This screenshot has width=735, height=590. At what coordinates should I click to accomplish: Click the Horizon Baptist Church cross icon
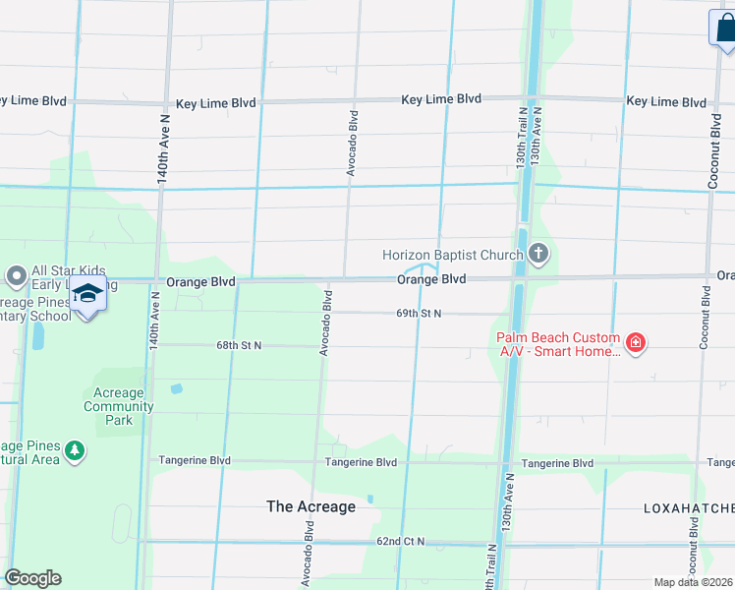(x=537, y=255)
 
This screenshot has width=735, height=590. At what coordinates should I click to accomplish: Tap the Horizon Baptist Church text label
(x=452, y=255)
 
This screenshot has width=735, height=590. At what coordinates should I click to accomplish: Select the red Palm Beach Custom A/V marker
(x=637, y=343)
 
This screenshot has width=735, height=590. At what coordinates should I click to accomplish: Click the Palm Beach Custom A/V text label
(x=556, y=343)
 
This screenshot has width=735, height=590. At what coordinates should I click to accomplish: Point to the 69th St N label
(x=419, y=314)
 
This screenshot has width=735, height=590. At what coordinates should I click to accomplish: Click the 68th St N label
(x=238, y=346)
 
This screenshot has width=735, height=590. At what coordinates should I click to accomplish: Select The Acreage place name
(x=311, y=506)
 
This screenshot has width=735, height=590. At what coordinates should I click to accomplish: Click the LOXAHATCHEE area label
(x=688, y=508)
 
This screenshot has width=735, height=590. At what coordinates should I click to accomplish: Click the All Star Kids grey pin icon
(x=16, y=274)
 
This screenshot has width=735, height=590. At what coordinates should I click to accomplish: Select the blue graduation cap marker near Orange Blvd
(x=88, y=294)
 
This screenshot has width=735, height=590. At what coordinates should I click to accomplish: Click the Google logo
(x=32, y=578)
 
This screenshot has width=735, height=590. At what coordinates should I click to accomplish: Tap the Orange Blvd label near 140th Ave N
(x=200, y=281)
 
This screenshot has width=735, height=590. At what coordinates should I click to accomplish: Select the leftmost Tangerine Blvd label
(x=195, y=460)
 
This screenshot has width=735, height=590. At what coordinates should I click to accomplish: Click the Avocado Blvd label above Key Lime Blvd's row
(x=351, y=143)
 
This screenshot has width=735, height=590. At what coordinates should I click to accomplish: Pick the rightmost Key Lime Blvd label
(x=666, y=101)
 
